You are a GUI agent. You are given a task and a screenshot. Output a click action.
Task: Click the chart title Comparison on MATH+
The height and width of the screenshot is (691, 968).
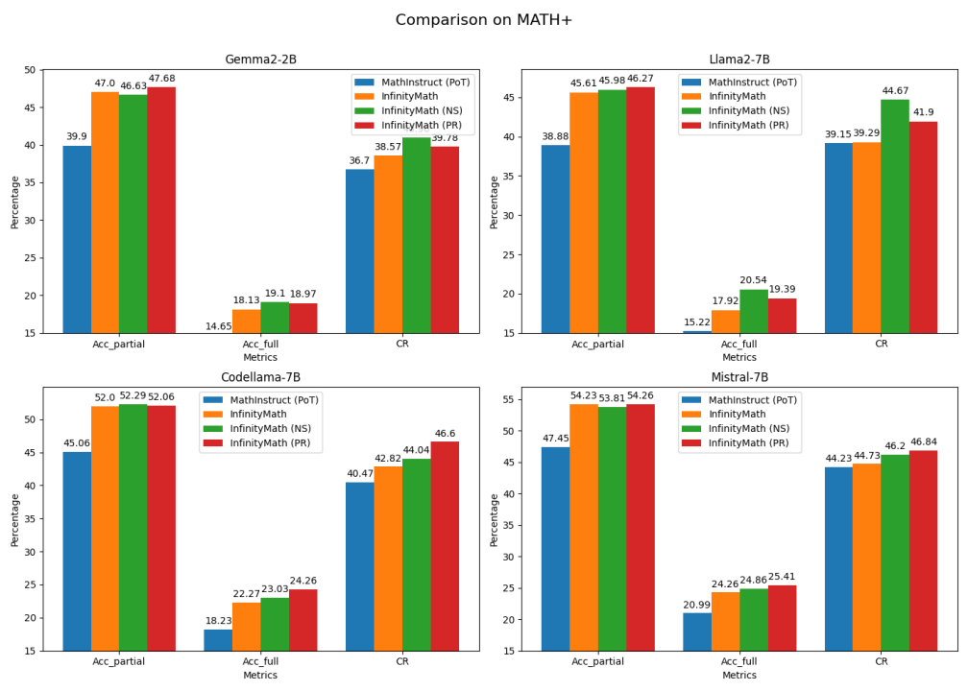tap(484, 19)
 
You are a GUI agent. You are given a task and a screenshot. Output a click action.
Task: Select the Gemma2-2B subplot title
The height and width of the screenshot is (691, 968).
tap(260, 60)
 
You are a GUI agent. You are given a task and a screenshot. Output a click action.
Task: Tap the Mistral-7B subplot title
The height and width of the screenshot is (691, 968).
tap(739, 377)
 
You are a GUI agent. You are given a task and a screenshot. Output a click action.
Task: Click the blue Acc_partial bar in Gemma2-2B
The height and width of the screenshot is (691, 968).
tap(77, 239)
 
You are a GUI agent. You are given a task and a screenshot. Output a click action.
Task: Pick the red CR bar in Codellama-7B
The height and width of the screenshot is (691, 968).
tap(445, 546)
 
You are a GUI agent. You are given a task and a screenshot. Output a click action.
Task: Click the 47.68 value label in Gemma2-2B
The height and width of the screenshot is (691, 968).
tap(161, 79)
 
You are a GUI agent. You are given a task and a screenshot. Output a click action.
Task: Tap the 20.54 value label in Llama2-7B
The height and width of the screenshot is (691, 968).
tap(754, 280)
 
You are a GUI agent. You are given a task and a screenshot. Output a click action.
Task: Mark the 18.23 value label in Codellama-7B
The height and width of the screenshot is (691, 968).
tap(218, 621)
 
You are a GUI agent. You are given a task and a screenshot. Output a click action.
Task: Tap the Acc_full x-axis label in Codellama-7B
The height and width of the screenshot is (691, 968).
tap(260, 663)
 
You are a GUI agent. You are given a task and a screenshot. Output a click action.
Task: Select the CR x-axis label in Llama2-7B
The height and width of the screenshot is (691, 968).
tap(881, 345)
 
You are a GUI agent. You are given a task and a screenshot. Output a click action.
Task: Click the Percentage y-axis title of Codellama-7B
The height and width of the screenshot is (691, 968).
tap(15, 519)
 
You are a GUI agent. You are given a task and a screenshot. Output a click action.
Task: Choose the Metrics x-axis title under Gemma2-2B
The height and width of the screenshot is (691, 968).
tap(260, 357)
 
